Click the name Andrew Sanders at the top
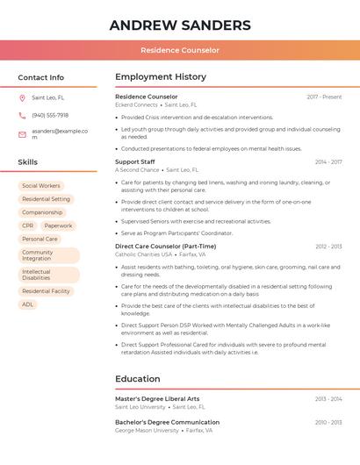pyautogui.click(x=180, y=25)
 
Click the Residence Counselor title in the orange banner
pyautogui.click(x=180, y=51)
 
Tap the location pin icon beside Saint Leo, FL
pyautogui.click(x=22, y=97)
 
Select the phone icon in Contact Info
pyautogui.click(x=22, y=115)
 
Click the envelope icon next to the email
pyautogui.click(x=22, y=134)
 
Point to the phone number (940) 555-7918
pyautogui.click(x=50, y=115)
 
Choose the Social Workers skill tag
pyautogui.click(x=41, y=186)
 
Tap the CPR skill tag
pyautogui.click(x=28, y=225)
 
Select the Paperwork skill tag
pyautogui.click(x=58, y=225)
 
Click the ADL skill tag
pyautogui.click(x=28, y=304)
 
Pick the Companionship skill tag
pyautogui.click(x=42, y=212)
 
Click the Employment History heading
pyautogui.click(x=161, y=77)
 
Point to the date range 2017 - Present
pyautogui.click(x=324, y=97)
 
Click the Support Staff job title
pyautogui.click(x=134, y=161)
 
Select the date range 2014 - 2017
pyautogui.click(x=328, y=161)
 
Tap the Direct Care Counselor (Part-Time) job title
pyautogui.click(x=165, y=247)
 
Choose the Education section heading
pyautogui.click(x=138, y=379)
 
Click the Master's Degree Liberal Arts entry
pyautogui.click(x=157, y=398)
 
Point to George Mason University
pyautogui.click(x=146, y=431)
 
